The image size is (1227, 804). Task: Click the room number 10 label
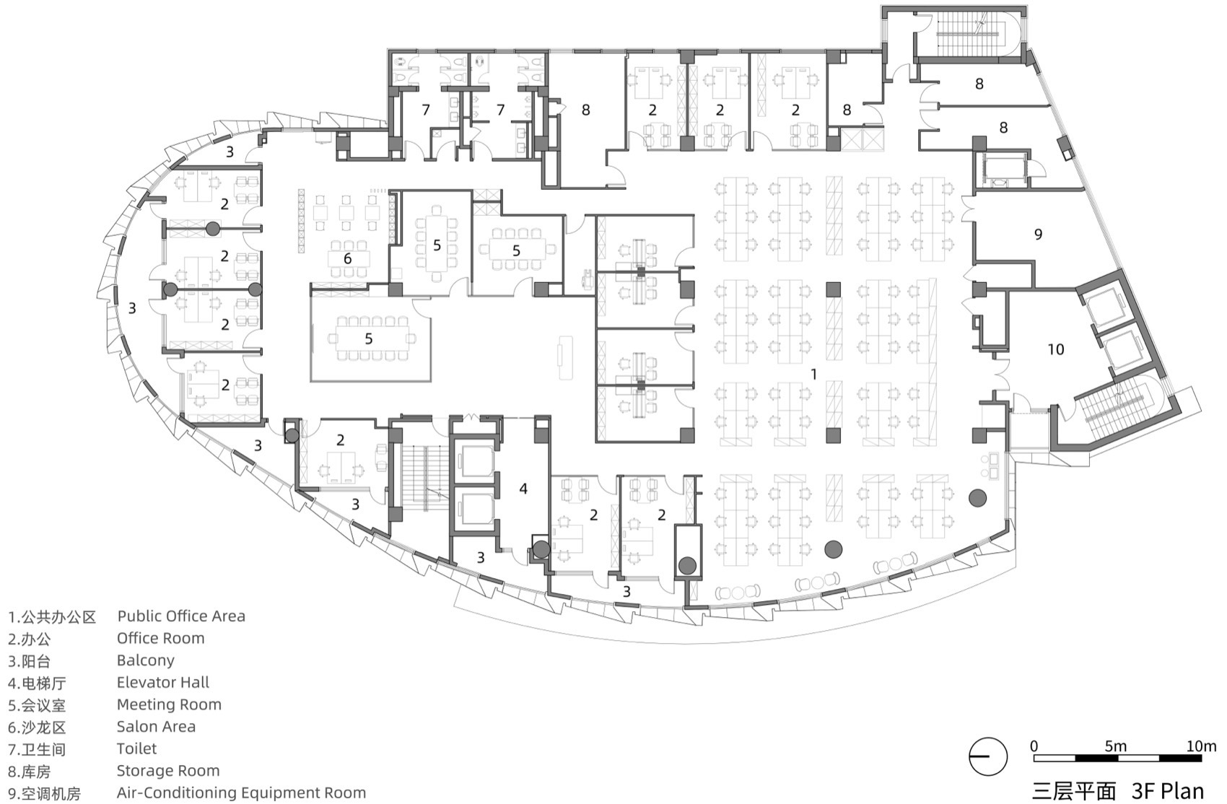(x=1056, y=349)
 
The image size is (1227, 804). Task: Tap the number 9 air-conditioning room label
(x=1038, y=234)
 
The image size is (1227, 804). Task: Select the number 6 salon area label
(x=347, y=258)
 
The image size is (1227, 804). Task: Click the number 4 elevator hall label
(x=523, y=489)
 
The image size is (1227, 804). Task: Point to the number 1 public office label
(x=814, y=374)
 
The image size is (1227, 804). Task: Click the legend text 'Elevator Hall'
(x=162, y=682)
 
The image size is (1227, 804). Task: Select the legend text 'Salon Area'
(x=156, y=726)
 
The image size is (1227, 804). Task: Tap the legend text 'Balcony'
(x=145, y=660)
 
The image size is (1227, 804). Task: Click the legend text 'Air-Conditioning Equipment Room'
(x=241, y=792)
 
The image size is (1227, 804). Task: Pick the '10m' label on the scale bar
(x=1201, y=746)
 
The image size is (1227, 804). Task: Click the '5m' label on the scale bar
(x=1115, y=746)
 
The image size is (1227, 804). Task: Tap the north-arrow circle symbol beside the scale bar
(x=987, y=757)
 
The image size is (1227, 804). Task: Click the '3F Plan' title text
(x=1168, y=790)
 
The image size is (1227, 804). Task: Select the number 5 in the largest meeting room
(x=368, y=338)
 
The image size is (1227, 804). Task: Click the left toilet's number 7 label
(x=426, y=110)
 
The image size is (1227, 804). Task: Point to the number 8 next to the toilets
(x=585, y=110)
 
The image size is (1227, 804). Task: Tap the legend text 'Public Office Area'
(x=181, y=616)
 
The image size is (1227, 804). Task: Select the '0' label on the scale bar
(x=1034, y=746)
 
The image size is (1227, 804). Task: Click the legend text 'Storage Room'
(x=167, y=770)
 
